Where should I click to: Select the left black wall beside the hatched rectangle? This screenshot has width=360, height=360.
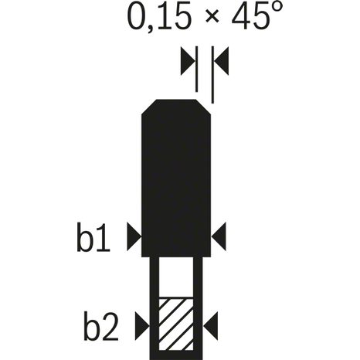tap(151, 309)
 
